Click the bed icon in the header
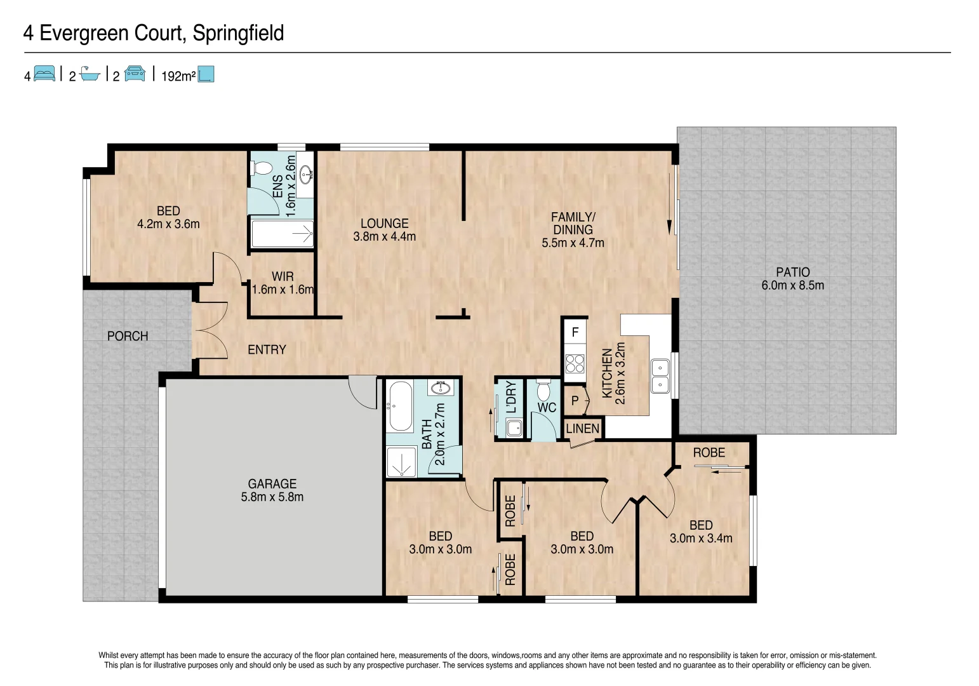click(x=44, y=74)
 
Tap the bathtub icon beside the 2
click(x=90, y=74)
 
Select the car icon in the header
click(x=135, y=74)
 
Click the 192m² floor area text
click(x=178, y=76)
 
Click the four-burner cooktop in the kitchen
click(x=575, y=363)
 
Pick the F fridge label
click(x=575, y=332)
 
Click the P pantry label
click(x=575, y=401)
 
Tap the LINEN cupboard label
click(x=582, y=429)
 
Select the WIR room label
click(x=283, y=276)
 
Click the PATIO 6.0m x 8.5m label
click(x=792, y=279)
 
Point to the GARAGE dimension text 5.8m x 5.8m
click(x=272, y=497)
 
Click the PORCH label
click(x=128, y=336)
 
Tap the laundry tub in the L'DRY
click(x=514, y=429)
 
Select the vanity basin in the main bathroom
click(x=440, y=388)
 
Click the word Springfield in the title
click(x=238, y=33)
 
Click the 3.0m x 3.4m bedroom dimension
click(x=701, y=539)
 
